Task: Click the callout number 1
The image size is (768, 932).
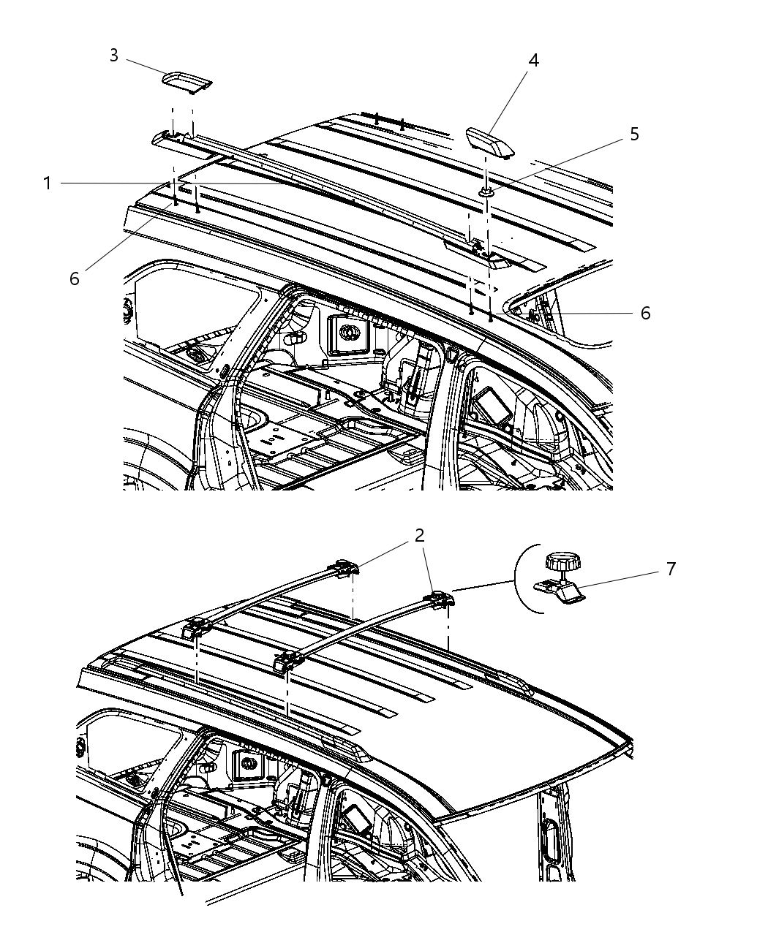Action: pos(48,183)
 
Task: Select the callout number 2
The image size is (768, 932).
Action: pos(419,536)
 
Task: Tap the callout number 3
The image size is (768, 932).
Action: pos(114,56)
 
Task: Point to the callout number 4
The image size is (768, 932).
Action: pos(534,61)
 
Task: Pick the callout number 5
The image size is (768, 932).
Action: pos(634,134)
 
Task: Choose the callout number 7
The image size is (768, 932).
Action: pos(671,568)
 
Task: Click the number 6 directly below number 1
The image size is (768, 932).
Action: pos(75,279)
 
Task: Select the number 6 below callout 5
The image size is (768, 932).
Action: pos(645,313)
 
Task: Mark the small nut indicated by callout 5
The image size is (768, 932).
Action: pos(486,192)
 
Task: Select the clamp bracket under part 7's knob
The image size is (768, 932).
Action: pos(560,590)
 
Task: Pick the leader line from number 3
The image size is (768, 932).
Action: pos(145,65)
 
